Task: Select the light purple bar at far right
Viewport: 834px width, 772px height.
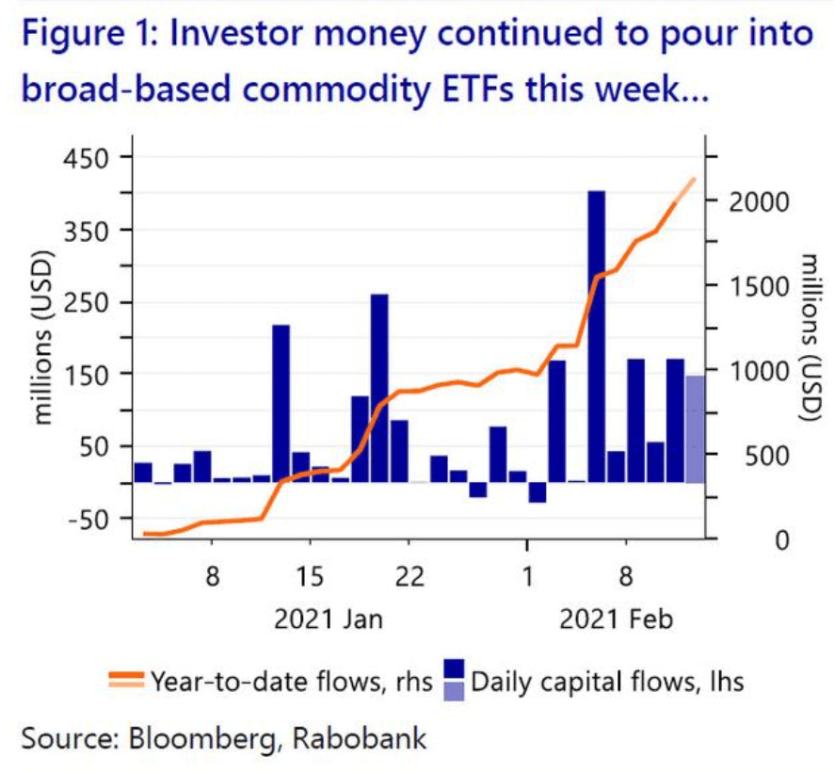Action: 694,428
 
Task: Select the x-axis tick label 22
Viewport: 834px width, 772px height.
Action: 409,575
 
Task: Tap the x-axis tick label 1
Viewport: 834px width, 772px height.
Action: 527,575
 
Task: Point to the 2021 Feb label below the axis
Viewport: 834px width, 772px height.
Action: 617,619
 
